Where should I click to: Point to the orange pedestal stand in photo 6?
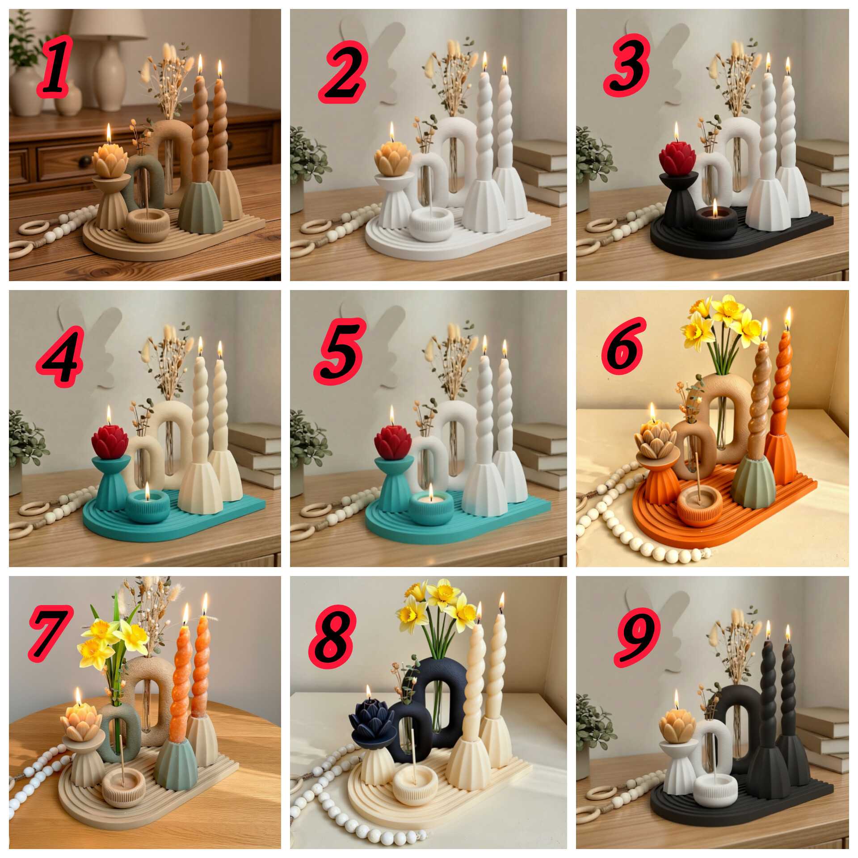click(657, 483)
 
